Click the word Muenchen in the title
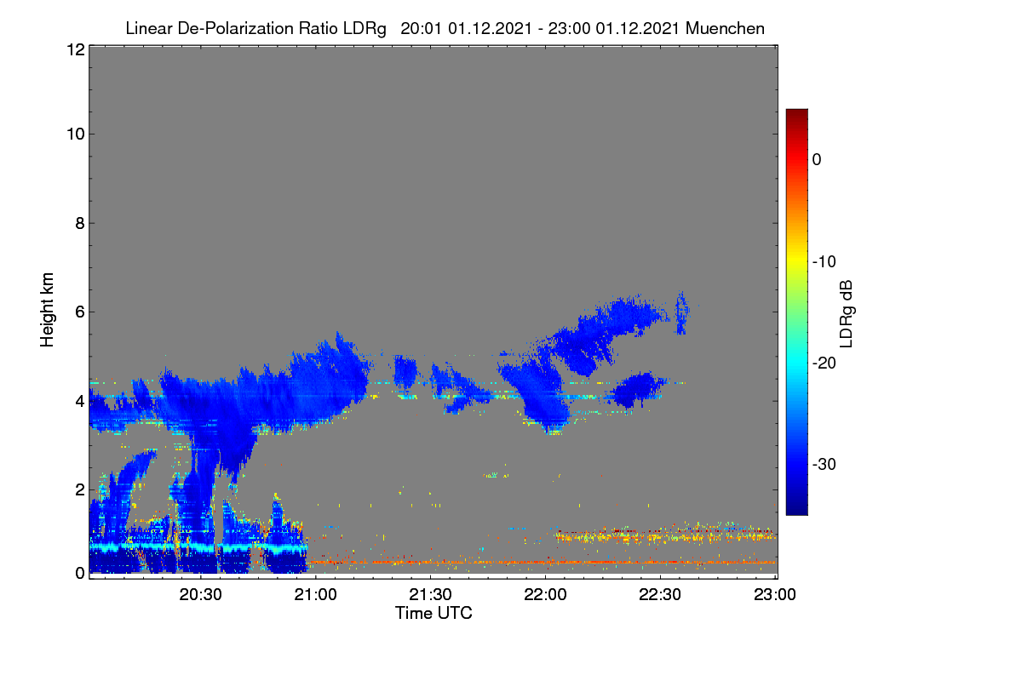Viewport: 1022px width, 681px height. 725,29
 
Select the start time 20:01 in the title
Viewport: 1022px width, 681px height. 421,29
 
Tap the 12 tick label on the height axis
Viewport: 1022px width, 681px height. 76,49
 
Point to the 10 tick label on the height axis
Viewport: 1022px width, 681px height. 76,134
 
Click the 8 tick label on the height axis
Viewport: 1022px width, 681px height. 80,224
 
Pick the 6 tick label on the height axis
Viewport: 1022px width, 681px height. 80,312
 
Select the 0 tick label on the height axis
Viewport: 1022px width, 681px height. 80,574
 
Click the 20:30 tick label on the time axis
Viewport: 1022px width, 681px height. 200,595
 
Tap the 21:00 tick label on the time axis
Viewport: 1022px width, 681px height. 315,595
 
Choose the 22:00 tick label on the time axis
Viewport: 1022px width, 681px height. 545,595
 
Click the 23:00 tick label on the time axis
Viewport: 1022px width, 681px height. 775,595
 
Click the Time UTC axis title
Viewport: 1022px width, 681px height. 433,613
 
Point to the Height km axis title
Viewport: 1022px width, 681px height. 47,310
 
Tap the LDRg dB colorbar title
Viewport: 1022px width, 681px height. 847,314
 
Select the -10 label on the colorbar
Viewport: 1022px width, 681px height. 824,262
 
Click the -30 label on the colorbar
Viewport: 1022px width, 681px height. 824,464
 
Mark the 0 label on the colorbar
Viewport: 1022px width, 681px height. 817,160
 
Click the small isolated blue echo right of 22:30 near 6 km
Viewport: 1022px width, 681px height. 681,313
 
